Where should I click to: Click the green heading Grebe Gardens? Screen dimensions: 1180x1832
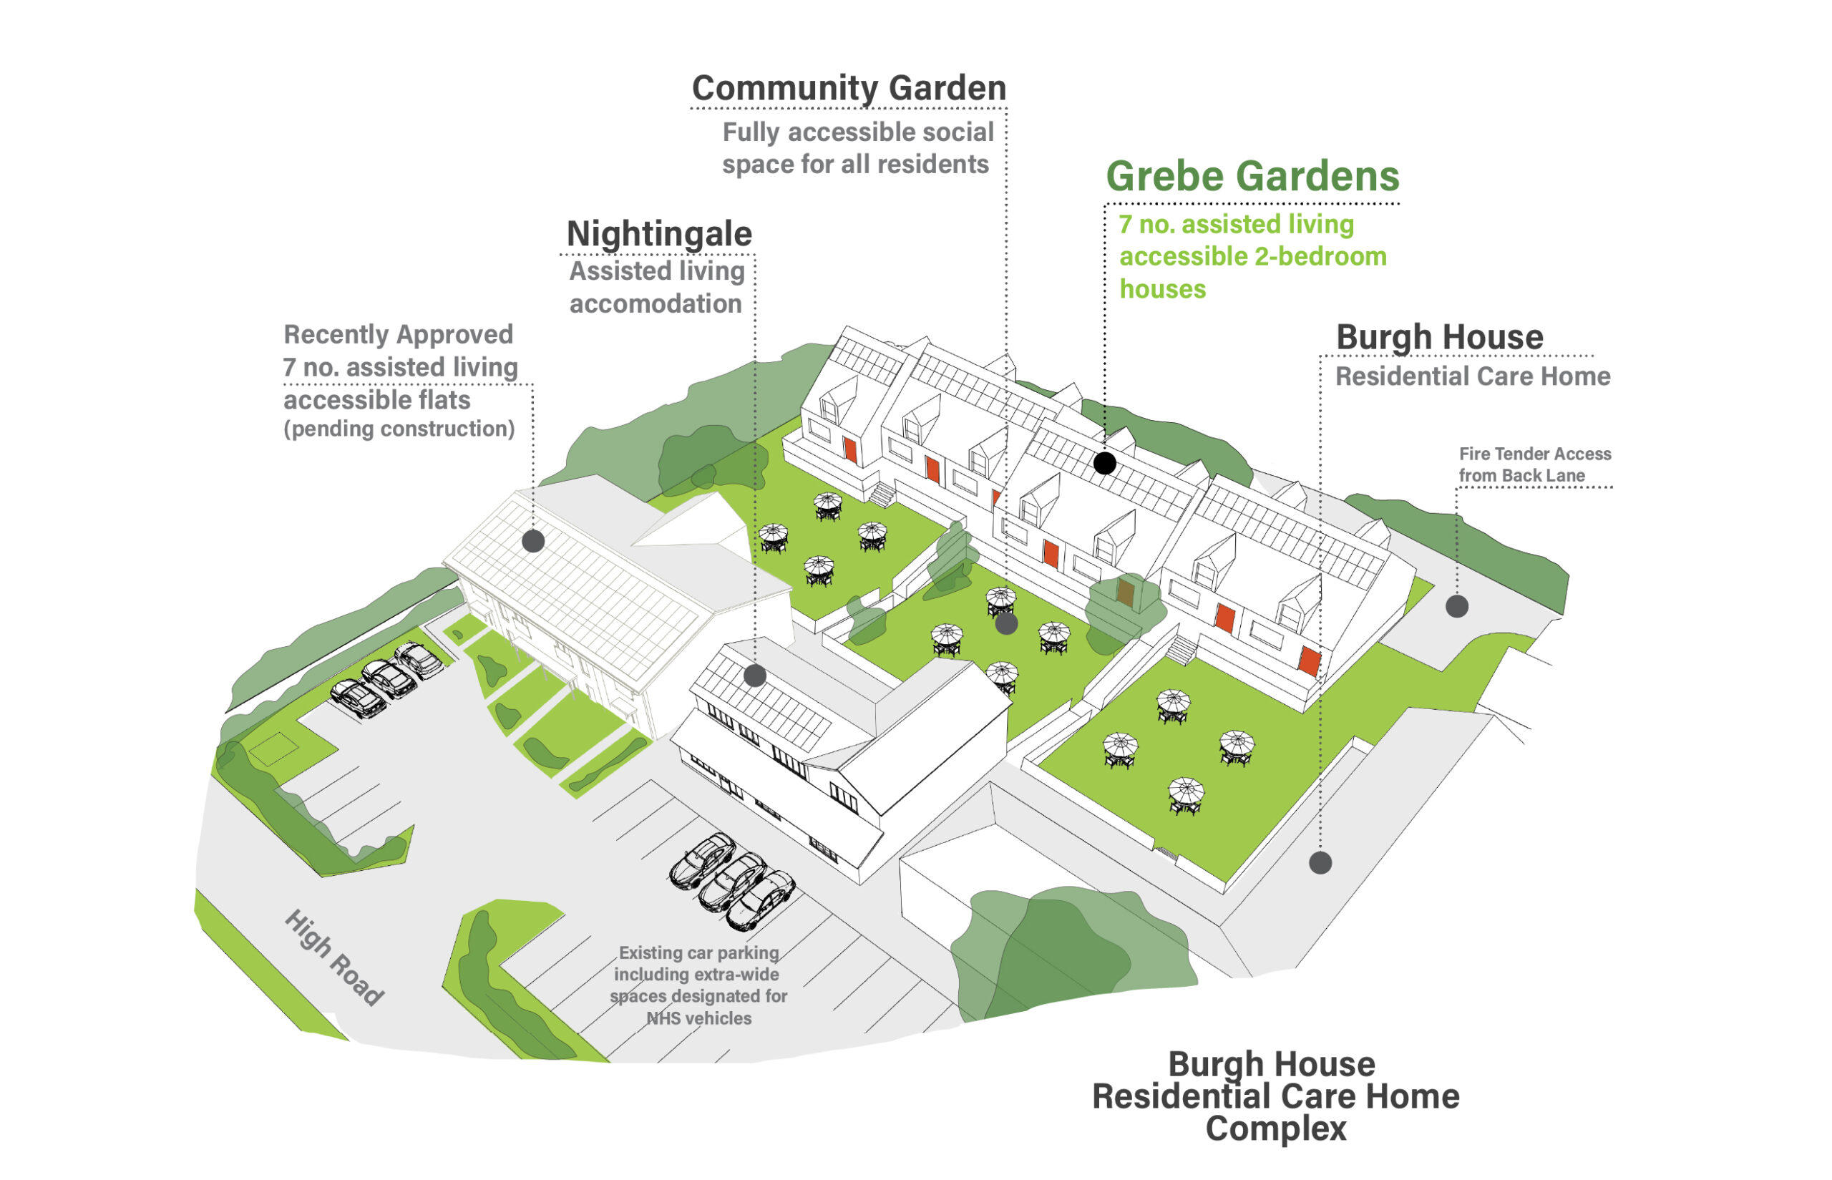pyautogui.click(x=1251, y=176)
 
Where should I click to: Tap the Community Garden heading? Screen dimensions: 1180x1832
pyautogui.click(x=848, y=88)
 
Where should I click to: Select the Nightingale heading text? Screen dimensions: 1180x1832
pyautogui.click(x=659, y=234)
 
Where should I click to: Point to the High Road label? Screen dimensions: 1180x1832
pyautogui.click(x=334, y=957)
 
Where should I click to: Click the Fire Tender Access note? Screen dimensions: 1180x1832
pyautogui.click(x=1534, y=464)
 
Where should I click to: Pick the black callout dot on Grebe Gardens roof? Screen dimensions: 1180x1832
pyautogui.click(x=1104, y=463)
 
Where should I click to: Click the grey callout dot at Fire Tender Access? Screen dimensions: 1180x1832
pyautogui.click(x=1456, y=606)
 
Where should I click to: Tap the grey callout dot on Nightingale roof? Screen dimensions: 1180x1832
pyautogui.click(x=755, y=675)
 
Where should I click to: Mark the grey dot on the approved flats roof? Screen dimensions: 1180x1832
pyautogui.click(x=533, y=541)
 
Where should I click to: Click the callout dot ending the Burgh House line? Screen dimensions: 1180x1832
pyautogui.click(x=1320, y=863)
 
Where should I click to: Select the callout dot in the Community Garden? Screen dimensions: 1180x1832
pyautogui.click(x=1006, y=624)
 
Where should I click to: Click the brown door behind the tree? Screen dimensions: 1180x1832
pyautogui.click(x=1125, y=593)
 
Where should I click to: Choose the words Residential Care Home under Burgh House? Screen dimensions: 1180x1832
pyautogui.click(x=1472, y=376)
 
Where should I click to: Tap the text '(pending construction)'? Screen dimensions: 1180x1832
pyautogui.click(x=399, y=429)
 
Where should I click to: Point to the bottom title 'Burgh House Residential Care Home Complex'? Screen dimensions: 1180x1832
pyautogui.click(x=1275, y=1096)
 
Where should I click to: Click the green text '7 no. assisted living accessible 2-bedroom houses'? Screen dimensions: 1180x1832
pyautogui.click(x=1252, y=256)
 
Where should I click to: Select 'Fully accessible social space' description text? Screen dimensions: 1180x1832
pyautogui.click(x=857, y=148)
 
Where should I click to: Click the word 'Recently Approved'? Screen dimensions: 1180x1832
pyautogui.click(x=398, y=334)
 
